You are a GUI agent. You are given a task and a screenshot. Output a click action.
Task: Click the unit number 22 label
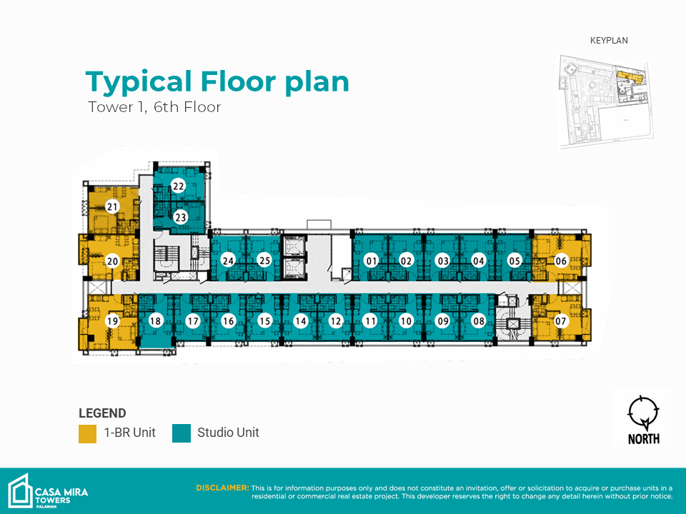(x=178, y=186)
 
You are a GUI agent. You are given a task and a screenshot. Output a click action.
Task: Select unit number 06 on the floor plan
(x=561, y=261)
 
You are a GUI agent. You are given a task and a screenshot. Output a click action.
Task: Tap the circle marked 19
(x=112, y=321)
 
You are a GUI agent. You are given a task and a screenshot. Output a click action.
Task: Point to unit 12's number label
(x=336, y=321)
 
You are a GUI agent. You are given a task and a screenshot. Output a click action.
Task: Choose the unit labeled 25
(x=264, y=261)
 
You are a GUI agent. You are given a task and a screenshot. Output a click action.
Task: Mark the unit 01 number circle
(x=372, y=261)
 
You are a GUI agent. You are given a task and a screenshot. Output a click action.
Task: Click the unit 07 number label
(x=560, y=321)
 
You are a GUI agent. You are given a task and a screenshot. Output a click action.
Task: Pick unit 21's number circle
(x=112, y=207)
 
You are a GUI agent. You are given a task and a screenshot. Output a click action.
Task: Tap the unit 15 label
(x=264, y=321)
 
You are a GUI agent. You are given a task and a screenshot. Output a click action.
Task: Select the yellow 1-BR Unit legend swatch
(x=87, y=433)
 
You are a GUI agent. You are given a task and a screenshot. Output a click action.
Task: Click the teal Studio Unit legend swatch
(x=182, y=433)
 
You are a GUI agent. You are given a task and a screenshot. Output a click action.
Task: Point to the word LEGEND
(x=102, y=413)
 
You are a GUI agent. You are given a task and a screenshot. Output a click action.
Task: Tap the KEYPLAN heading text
(x=609, y=41)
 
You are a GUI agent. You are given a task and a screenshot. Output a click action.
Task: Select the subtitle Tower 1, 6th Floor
(x=154, y=107)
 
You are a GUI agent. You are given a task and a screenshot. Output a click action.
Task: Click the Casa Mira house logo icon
(x=20, y=491)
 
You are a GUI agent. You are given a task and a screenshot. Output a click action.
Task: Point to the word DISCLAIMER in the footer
(x=222, y=488)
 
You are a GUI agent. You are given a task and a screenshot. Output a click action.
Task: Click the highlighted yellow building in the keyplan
(x=630, y=77)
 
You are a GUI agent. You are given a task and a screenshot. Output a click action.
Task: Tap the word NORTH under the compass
(x=644, y=438)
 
